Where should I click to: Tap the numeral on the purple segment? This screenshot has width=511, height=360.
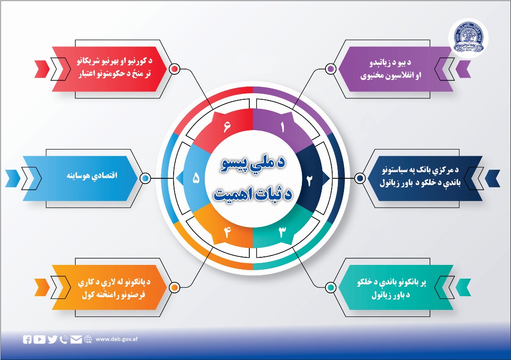click(x=282, y=127)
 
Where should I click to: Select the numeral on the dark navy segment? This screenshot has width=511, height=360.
click(x=310, y=180)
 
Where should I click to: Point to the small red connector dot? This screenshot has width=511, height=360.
click(x=174, y=69)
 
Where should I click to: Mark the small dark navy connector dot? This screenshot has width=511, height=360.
click(x=360, y=178)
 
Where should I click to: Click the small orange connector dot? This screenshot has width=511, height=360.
click(x=174, y=288)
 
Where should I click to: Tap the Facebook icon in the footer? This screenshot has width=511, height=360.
click(x=27, y=339)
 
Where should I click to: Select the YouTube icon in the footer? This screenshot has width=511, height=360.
click(x=40, y=339)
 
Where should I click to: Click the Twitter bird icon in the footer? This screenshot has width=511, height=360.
click(x=52, y=339)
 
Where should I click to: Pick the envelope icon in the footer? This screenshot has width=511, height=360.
click(x=76, y=339)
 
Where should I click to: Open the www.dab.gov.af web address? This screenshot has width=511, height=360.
click(x=116, y=339)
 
